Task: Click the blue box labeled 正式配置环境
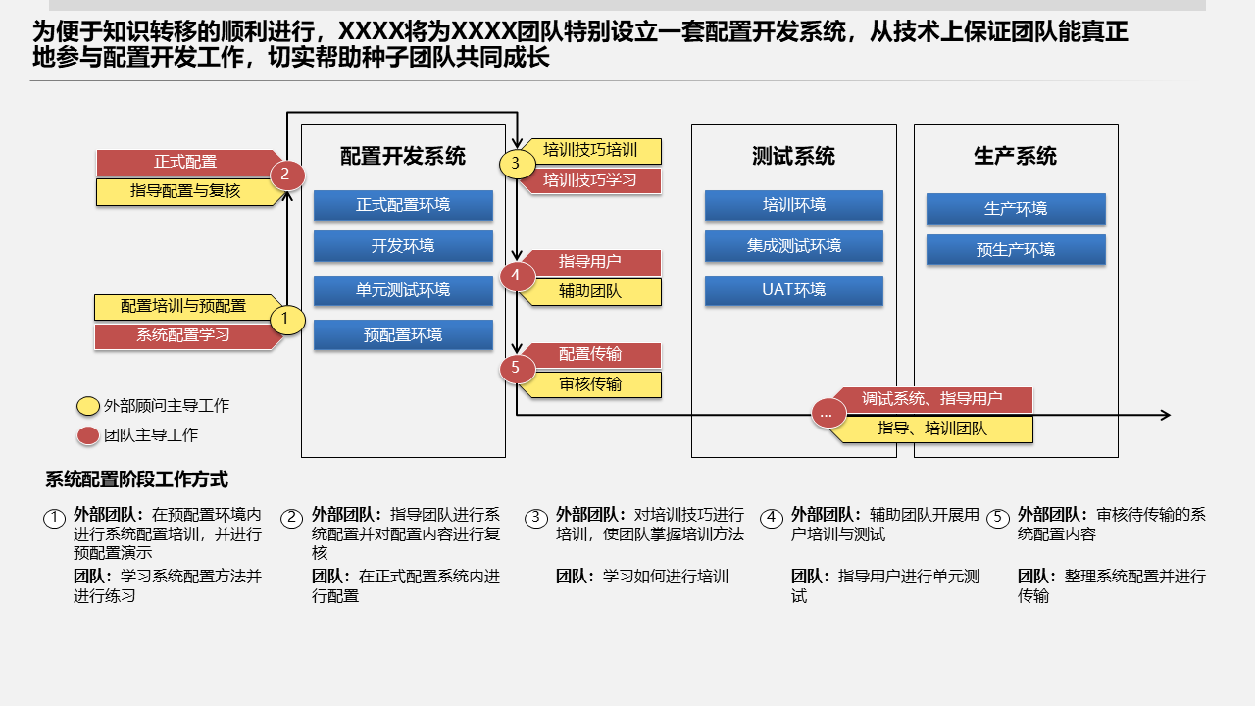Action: click(403, 205)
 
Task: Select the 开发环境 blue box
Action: click(403, 246)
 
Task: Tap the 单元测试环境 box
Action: click(403, 290)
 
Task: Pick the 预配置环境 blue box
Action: click(403, 335)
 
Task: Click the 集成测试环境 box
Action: click(794, 246)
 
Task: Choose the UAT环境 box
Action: click(794, 290)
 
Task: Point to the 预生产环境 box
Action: click(1016, 250)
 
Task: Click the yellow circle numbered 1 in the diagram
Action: click(286, 319)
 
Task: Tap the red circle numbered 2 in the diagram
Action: click(286, 176)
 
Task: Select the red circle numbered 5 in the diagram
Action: click(517, 369)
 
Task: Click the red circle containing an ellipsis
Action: click(827, 414)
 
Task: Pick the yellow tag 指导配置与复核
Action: click(186, 192)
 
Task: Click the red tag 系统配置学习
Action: click(184, 335)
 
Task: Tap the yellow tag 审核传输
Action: click(590, 384)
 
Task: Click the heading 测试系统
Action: click(793, 156)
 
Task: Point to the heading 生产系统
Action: click(1015, 156)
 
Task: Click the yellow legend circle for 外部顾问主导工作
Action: click(88, 406)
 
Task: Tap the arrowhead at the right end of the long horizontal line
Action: click(1165, 415)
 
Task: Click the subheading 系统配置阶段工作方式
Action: click(136, 479)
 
